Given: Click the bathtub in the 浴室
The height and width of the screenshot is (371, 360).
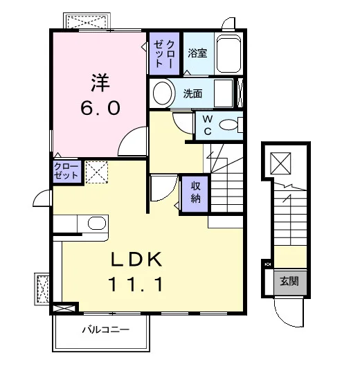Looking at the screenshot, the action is pos(228,54).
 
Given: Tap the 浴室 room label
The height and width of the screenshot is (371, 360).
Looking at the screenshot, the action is pos(197,53).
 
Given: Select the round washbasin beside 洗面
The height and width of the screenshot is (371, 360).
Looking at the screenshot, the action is pos(162,93).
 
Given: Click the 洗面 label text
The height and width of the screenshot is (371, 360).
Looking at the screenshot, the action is pos(192,93).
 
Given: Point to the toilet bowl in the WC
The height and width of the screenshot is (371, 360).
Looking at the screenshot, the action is pos(228,125).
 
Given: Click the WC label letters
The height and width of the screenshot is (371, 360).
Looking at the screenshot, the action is pos(207,125).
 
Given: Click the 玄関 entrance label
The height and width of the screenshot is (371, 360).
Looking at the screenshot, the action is pos(289,281).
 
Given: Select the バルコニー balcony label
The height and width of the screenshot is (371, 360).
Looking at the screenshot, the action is pos(106,329).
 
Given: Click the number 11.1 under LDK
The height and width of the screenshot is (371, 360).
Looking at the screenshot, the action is pos(136,284).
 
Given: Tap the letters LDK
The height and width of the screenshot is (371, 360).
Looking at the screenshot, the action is pos(136,260).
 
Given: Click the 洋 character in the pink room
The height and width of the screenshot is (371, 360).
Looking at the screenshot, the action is pos(100,82).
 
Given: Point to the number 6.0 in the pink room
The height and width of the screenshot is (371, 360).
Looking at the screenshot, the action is pos(100,108).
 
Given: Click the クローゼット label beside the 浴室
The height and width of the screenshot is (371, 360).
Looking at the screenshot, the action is pos(164,54).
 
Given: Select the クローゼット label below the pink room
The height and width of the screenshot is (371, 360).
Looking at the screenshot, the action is pos(66,171).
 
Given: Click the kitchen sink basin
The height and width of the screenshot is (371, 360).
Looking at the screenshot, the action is pos(97,223).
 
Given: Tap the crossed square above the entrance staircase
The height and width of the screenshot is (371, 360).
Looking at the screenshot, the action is pos(280,163).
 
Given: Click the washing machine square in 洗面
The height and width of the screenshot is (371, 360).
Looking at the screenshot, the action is pos(224,93).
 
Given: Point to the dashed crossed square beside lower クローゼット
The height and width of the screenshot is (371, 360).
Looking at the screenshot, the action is pos(96,172).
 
